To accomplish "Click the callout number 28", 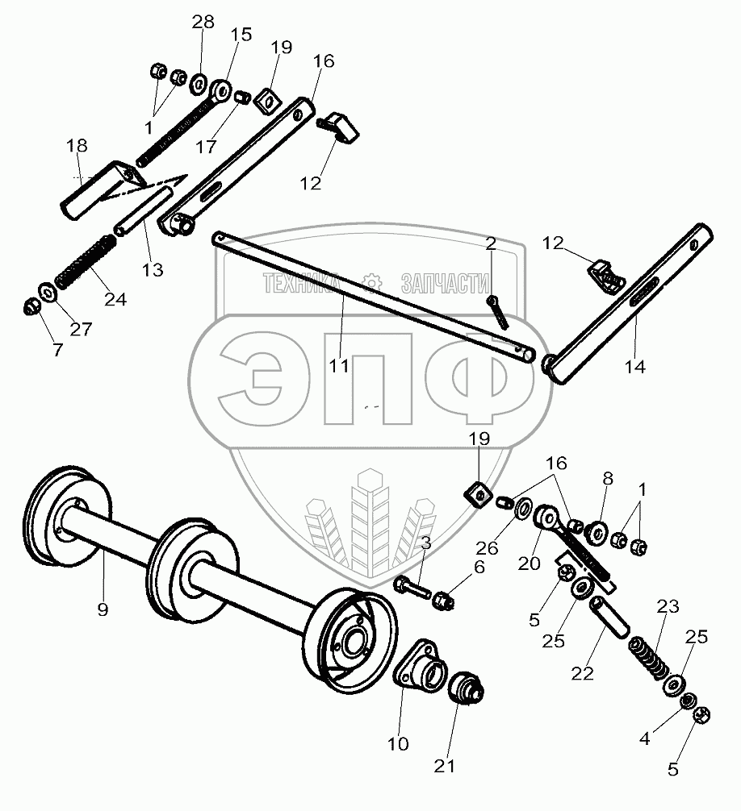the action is tap(203, 22).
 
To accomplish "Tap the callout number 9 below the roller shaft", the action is tap(103, 609).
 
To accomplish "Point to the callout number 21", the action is tap(444, 766).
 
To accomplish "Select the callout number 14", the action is tap(634, 367).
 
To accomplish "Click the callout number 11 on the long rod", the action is tap(339, 366).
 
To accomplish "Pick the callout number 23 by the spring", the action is tap(668, 606).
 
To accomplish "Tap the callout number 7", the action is tap(57, 350).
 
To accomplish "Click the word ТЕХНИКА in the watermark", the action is tap(302, 283).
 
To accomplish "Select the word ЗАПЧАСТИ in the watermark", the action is tap(446, 283).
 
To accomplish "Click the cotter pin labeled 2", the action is tap(499, 312).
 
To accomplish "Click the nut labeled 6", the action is tap(443, 601).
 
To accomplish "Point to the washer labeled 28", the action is tap(199, 83).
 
